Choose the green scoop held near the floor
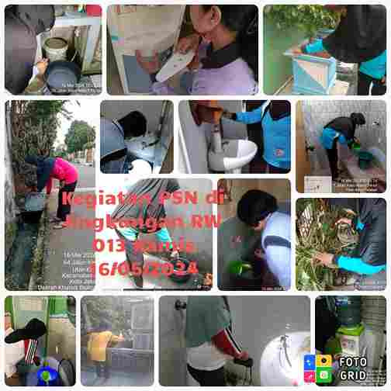coord(237,268)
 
